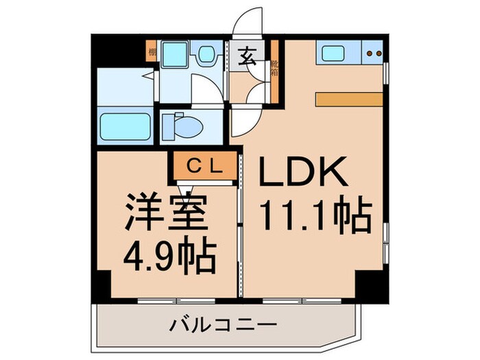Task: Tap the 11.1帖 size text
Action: coord(315,215)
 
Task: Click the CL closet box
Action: coord(203,165)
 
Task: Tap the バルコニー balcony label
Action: coord(224,322)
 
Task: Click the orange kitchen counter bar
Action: coord(349,97)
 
